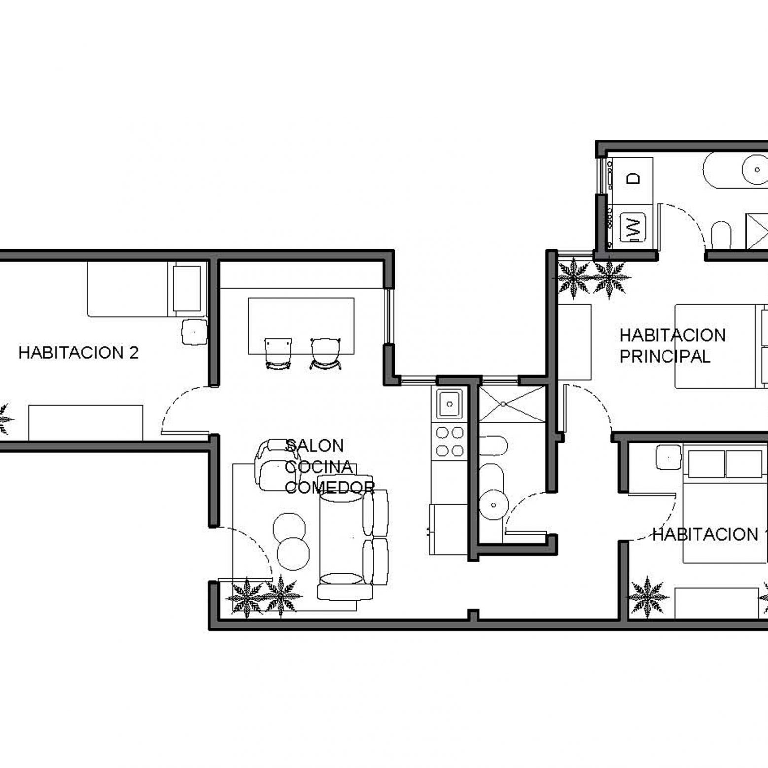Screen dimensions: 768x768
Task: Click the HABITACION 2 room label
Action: coord(78,353)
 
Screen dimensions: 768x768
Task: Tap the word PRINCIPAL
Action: coord(664,356)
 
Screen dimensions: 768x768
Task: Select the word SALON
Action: coord(314,446)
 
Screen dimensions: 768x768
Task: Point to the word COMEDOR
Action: coord(330,488)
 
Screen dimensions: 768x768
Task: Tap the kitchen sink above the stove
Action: coord(449,404)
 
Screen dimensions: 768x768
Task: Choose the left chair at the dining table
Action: coord(278,353)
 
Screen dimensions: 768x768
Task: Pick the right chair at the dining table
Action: coord(325,353)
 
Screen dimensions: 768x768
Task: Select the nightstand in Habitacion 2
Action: coord(194,331)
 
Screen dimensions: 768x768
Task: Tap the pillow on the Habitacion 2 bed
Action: coord(187,289)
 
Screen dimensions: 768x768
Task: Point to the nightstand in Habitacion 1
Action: coord(668,457)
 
